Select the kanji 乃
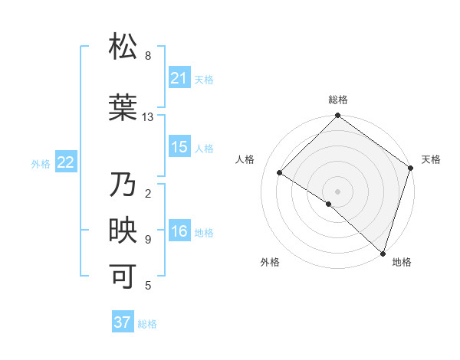[x=123, y=185]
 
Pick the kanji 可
[x=123, y=276]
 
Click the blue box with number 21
[x=179, y=77]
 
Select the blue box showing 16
[x=179, y=231]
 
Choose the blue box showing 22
[x=66, y=162]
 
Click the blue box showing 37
[x=123, y=322]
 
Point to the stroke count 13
[x=148, y=117]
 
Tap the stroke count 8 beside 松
[x=148, y=56]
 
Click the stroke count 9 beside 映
[x=148, y=240]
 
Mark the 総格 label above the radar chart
[x=337, y=100]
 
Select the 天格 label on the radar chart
[x=431, y=159]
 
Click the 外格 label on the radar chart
[x=270, y=262]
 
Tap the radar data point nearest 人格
[x=280, y=173]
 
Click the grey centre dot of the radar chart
[x=337, y=191]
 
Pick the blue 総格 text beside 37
[x=147, y=324]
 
